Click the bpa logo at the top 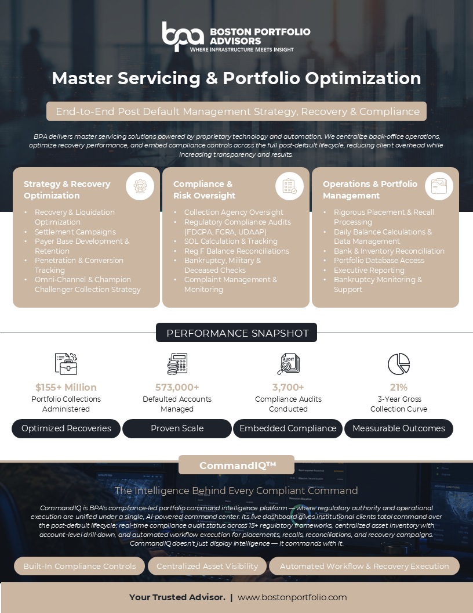(x=183, y=37)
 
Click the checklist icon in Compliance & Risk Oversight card (x=289, y=186)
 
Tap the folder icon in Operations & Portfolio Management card (x=439, y=186)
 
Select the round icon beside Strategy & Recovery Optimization (x=140, y=186)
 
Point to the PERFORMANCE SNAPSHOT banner (x=237, y=333)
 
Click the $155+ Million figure (x=66, y=387)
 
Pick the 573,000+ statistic (x=177, y=387)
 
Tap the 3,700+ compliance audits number (x=288, y=387)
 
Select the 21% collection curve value (x=399, y=387)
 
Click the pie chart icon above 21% (x=399, y=364)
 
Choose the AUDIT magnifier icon (x=289, y=364)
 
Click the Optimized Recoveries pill (x=66, y=428)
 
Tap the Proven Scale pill (x=177, y=428)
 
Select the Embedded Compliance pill (x=288, y=428)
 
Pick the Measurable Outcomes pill (x=399, y=428)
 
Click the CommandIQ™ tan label (x=237, y=465)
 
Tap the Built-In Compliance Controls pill (x=79, y=566)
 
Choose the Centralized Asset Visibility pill (x=208, y=566)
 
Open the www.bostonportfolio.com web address (x=292, y=597)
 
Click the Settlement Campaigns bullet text (x=75, y=232)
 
